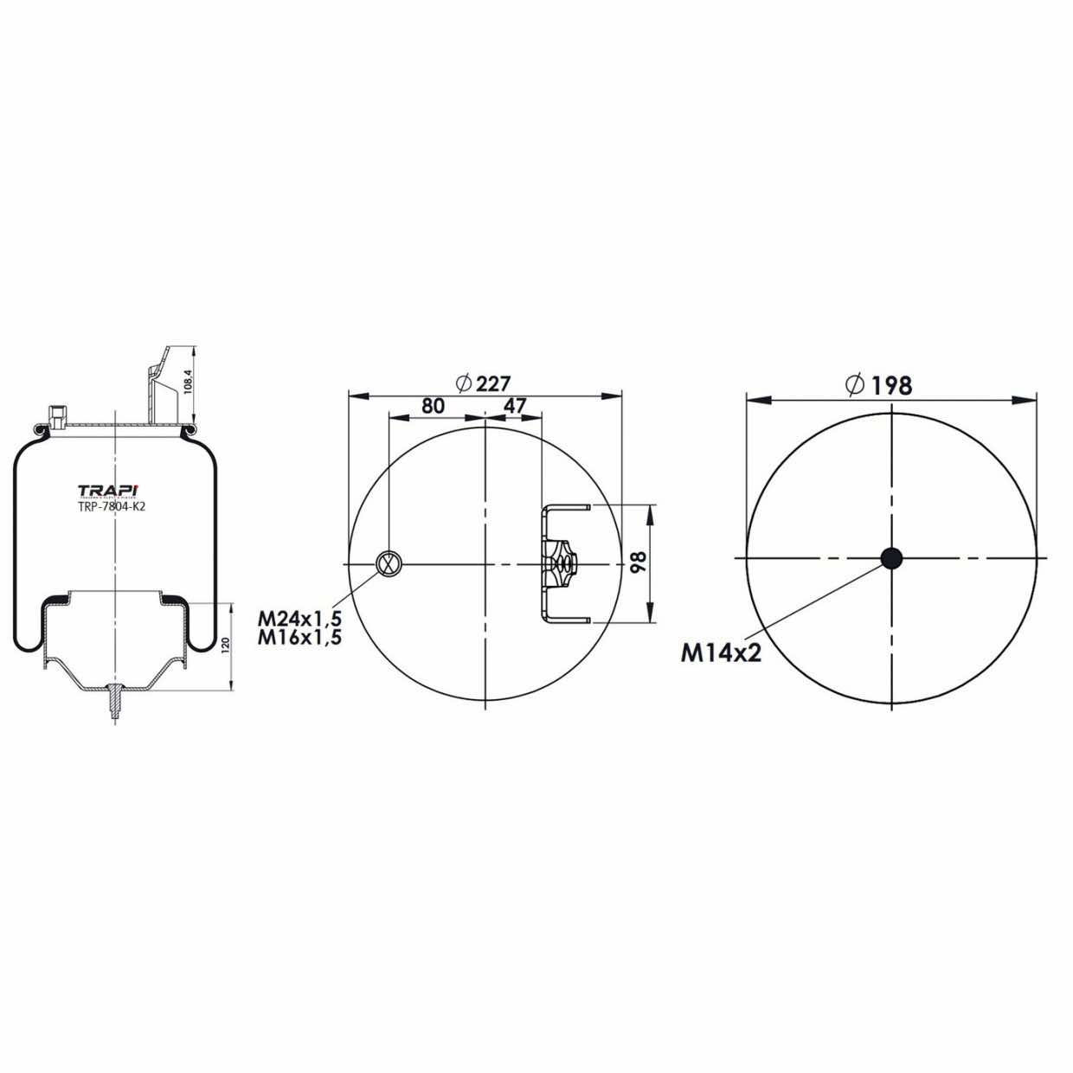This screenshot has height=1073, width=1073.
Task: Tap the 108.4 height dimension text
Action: tap(185, 381)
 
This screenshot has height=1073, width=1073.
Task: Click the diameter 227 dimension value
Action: tap(493, 383)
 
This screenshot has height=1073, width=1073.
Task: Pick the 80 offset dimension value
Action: tap(433, 406)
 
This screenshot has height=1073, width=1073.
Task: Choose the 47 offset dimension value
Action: tap(515, 406)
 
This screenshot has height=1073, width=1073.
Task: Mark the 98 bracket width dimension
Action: tap(639, 563)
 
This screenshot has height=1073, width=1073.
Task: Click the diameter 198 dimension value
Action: tap(891, 385)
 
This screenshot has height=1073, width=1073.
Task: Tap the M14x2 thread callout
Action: tap(721, 652)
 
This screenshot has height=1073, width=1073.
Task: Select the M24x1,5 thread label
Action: tap(300, 619)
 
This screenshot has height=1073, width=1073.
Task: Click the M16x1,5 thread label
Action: tap(300, 638)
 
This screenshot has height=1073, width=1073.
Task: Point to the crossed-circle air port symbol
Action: tap(389, 563)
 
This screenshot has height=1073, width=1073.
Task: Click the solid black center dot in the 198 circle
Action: tap(891, 558)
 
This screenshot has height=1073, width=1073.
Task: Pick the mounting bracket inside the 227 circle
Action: tap(560, 563)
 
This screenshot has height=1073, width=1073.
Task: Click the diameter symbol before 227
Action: tap(462, 383)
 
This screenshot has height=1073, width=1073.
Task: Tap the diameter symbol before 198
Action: tap(856, 385)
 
